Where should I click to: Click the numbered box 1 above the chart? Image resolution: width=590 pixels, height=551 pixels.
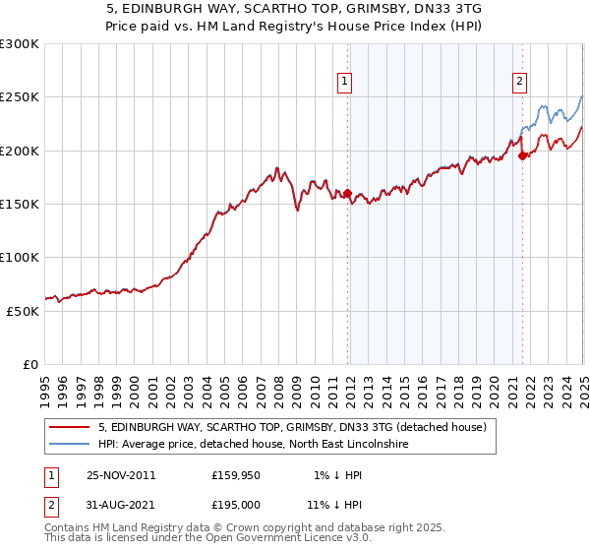pos(346,83)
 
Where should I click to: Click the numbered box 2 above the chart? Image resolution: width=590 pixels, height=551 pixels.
pos(519,83)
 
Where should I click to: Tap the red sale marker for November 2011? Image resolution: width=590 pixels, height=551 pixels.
pos(347,193)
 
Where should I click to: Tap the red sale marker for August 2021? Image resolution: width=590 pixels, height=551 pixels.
pos(522,155)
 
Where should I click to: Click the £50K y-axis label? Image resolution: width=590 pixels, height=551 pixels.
pos(24,311)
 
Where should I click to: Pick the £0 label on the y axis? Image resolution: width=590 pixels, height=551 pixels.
pos(30,364)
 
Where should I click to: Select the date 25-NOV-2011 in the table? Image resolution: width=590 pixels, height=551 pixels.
pos(121,475)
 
